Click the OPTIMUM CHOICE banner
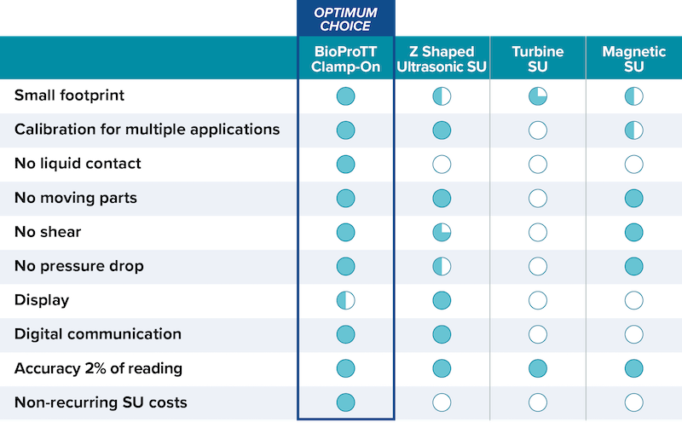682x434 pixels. point(345,18)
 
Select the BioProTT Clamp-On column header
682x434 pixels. point(345,60)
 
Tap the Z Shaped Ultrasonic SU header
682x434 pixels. point(442,60)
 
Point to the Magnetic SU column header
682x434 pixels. point(633,60)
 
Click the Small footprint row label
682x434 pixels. point(69,95)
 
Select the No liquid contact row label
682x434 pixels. point(78,164)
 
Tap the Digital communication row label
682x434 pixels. point(98,334)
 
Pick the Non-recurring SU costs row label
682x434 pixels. point(101,402)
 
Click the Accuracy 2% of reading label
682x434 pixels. point(98,368)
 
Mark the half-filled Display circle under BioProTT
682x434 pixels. point(345,300)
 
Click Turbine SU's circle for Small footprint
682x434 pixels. point(537,95)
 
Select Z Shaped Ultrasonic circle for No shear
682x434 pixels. point(442,232)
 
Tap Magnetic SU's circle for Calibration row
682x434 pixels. point(633,130)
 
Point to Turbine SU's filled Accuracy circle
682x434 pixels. point(537,368)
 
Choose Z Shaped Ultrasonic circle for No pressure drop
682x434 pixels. point(442,266)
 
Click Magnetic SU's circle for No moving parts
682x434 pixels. point(633,198)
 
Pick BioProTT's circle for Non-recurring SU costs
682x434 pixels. point(345,402)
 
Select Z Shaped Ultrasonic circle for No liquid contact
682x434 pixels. point(442,164)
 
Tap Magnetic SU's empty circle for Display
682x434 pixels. point(633,300)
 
